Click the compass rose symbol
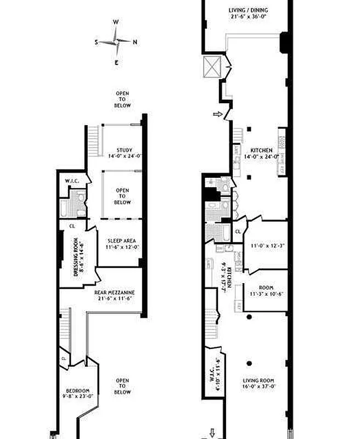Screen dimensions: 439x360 [x=116, y=42]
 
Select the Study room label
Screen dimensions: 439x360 [x=124, y=153]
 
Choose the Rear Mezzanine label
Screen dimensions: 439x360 [x=114, y=295]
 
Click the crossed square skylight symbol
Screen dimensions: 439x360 [x=212, y=66]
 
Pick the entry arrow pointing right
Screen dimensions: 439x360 [x=218, y=114]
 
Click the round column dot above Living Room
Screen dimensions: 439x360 [x=249, y=363]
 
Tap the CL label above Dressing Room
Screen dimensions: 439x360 [x=72, y=226]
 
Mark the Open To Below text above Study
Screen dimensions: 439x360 [x=122, y=99]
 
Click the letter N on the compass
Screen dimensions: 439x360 [x=135, y=42]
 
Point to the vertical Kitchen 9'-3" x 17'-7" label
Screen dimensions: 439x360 [x=221, y=277]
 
